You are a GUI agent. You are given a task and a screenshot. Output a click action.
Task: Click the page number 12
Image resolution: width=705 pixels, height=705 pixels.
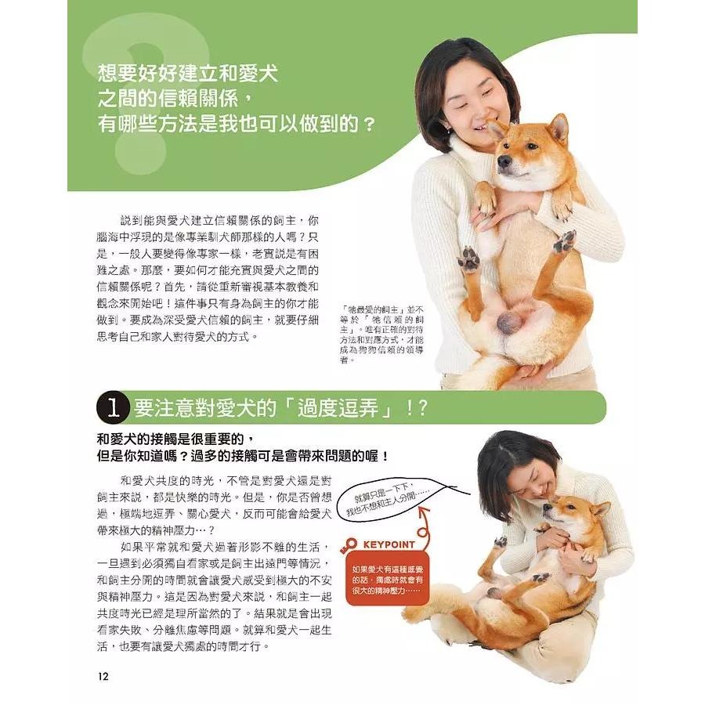coord(103,675)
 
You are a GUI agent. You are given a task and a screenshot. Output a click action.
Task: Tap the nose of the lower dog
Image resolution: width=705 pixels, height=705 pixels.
coord(547,509)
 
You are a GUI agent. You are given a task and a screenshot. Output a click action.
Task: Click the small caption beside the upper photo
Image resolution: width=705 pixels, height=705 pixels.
coord(384,334)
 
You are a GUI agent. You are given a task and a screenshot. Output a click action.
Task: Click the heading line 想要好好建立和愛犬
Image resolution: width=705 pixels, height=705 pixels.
coord(188,75)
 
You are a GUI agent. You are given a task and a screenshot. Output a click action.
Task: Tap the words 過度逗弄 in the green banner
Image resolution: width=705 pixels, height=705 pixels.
coord(345,408)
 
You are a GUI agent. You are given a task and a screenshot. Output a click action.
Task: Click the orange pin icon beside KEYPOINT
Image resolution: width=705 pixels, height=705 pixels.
coord(350,544)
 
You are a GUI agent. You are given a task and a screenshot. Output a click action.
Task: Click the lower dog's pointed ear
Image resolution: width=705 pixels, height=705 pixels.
coord(601,509)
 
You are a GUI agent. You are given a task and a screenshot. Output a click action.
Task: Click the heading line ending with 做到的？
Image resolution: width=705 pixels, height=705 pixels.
coord(236,124)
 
